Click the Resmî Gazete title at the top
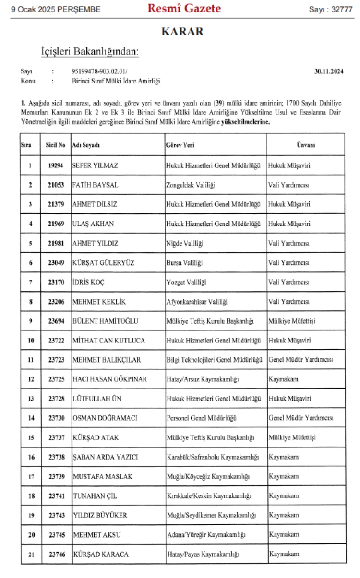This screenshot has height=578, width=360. [184, 8]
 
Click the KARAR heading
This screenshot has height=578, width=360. [182, 32]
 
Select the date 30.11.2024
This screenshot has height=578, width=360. [329, 71]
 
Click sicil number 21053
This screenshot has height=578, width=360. [56, 185]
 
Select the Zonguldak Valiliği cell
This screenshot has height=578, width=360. [190, 185]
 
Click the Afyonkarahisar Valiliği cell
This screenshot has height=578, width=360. [196, 302]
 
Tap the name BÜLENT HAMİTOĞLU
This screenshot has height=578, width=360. [105, 321]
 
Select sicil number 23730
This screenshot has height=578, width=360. [56, 418]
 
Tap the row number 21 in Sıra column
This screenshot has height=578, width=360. [31, 554]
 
